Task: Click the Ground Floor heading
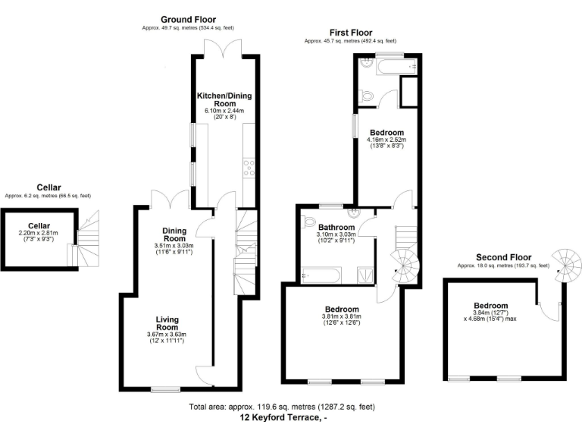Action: pos(188,19)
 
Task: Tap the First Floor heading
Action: pos(350,32)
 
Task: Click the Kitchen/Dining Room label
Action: pos(224,99)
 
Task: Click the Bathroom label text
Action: pos(336,227)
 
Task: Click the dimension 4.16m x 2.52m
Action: pos(386,139)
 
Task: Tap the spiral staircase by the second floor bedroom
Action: pos(567,266)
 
